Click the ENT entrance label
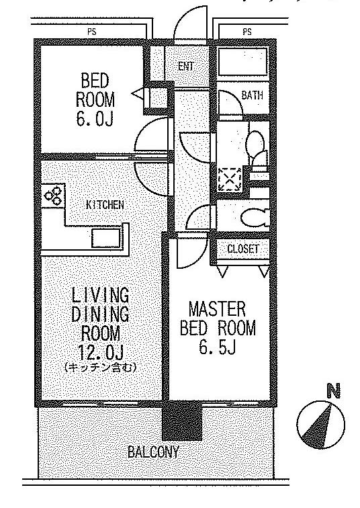click(186, 67)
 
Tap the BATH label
click(252, 95)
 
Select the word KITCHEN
click(105, 205)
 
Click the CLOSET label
click(243, 249)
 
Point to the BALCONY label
click(153, 452)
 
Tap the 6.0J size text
click(95, 119)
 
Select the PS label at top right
click(247, 32)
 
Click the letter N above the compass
click(334, 390)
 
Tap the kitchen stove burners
click(53, 196)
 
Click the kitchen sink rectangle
click(106, 238)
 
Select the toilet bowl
click(255, 218)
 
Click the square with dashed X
click(229, 179)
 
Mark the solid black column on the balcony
click(182, 420)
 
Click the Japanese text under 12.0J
click(100, 368)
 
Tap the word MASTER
click(217, 309)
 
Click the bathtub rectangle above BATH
click(243, 62)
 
